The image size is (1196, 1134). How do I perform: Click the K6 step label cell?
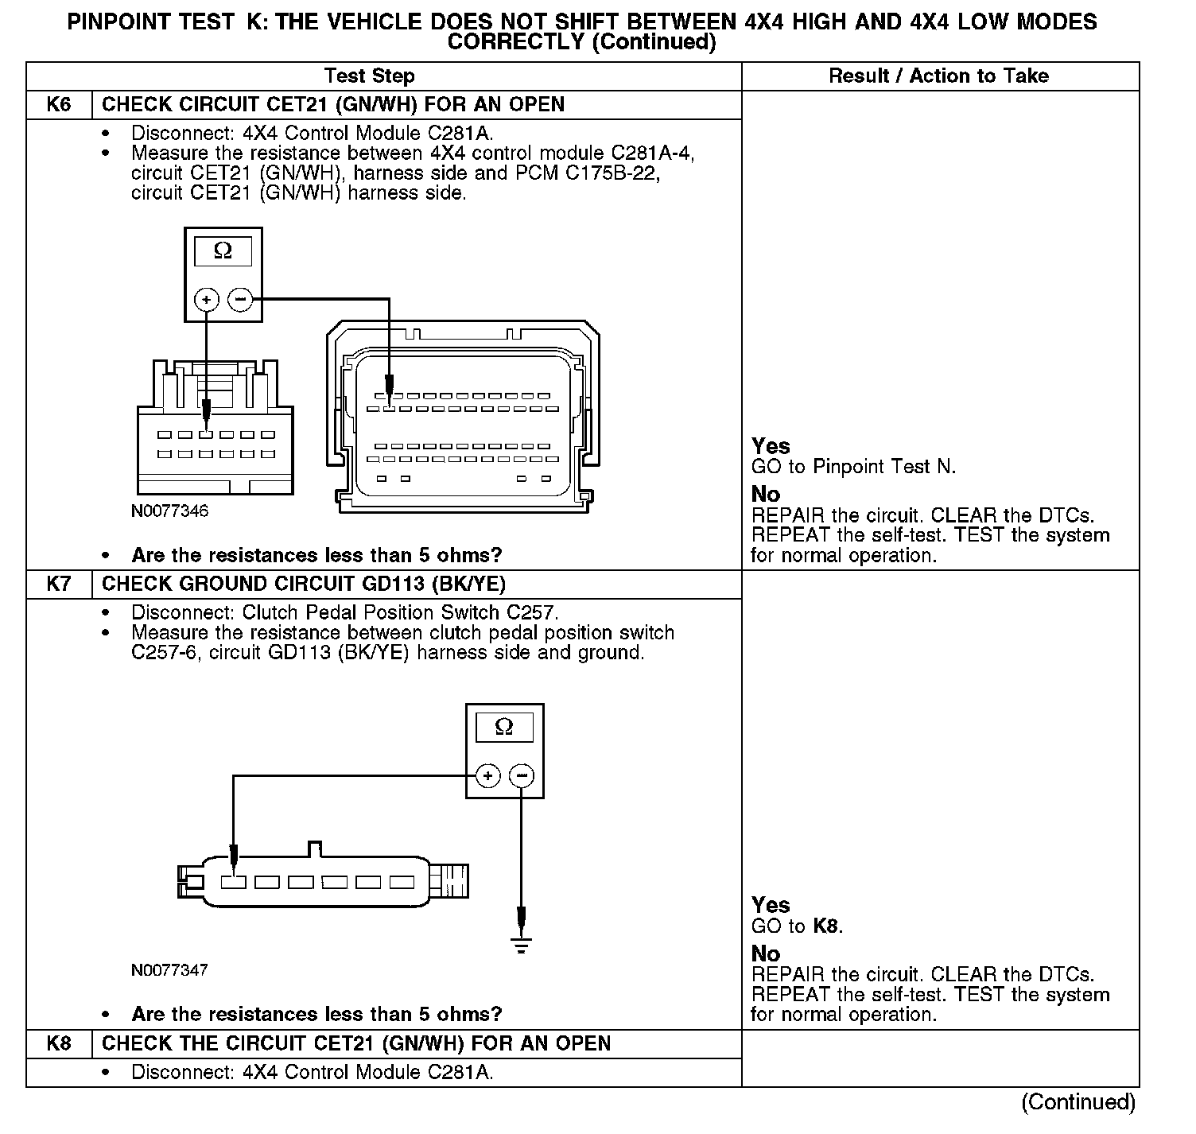coord(59,105)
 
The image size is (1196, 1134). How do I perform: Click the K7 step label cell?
coord(59,584)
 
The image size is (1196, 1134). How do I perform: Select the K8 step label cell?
coord(59,1043)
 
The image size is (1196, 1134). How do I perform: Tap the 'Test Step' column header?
coord(369,76)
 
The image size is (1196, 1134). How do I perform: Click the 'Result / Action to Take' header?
coord(938,76)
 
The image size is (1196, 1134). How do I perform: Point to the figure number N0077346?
coord(170,511)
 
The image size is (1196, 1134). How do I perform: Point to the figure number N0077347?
coord(170,970)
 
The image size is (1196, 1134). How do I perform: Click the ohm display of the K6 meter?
coord(223,252)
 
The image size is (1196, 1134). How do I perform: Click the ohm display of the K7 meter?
coord(504,728)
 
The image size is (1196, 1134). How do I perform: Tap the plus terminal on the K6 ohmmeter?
coord(207,300)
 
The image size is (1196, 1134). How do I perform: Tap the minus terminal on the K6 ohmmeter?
coord(239,300)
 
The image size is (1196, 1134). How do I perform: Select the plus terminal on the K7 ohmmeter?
coord(487,775)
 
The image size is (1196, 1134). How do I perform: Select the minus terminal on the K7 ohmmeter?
coord(521,775)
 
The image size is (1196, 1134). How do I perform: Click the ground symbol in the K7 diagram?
coord(521,945)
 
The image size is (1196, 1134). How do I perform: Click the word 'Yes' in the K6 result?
coord(771,446)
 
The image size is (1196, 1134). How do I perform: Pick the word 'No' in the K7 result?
coord(766,953)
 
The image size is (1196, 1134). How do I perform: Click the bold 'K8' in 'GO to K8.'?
coord(825,926)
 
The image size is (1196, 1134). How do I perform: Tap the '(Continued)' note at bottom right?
coord(1078,1102)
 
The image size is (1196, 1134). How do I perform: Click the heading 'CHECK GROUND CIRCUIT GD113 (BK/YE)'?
coord(304,584)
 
